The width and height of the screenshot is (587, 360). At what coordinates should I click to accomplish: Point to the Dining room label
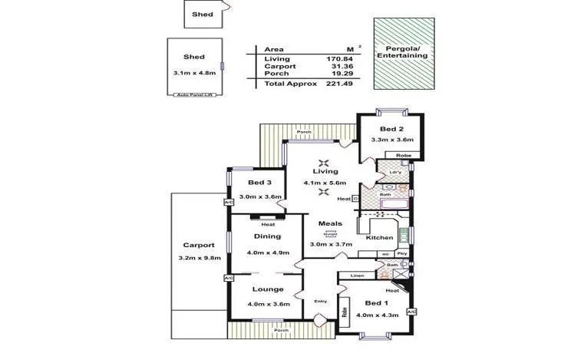point(268,236)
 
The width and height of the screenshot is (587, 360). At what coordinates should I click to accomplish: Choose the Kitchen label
point(379,238)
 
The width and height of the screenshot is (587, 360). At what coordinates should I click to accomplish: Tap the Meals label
point(330,224)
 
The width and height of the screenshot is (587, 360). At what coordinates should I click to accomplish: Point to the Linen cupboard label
point(357,275)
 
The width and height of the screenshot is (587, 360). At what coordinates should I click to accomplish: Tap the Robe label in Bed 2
point(404,156)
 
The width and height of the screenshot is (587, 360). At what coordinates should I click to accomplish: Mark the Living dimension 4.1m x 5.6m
point(325,183)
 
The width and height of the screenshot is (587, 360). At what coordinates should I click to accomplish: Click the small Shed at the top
point(203,13)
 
